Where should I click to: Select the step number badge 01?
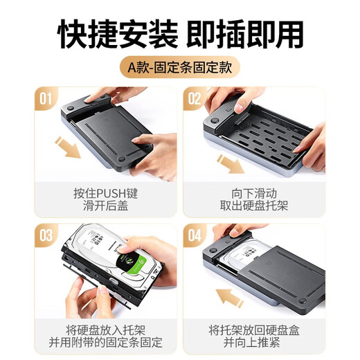coord(47,99)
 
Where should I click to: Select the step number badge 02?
coord(195,99)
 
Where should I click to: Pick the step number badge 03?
coord(47,235)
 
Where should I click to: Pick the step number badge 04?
coord(195,235)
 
